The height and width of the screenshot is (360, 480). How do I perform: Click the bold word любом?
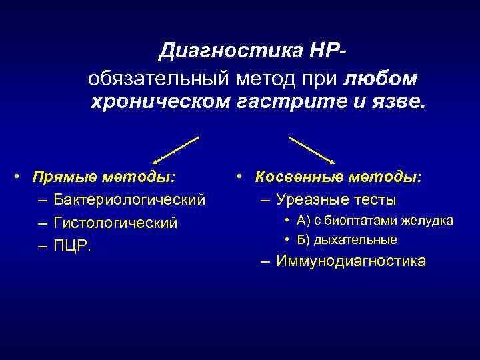pyautogui.click(x=381, y=79)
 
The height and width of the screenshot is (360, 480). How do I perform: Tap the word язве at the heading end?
pyautogui.click(x=397, y=103)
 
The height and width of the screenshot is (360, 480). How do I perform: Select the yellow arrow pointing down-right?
pyautogui.click(x=311, y=150)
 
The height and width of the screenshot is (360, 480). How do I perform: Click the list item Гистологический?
pyautogui.click(x=116, y=223)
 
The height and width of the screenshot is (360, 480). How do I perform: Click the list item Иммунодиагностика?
pyautogui.click(x=351, y=261)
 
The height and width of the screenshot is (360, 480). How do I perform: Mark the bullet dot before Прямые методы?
pyautogui.click(x=22, y=178)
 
